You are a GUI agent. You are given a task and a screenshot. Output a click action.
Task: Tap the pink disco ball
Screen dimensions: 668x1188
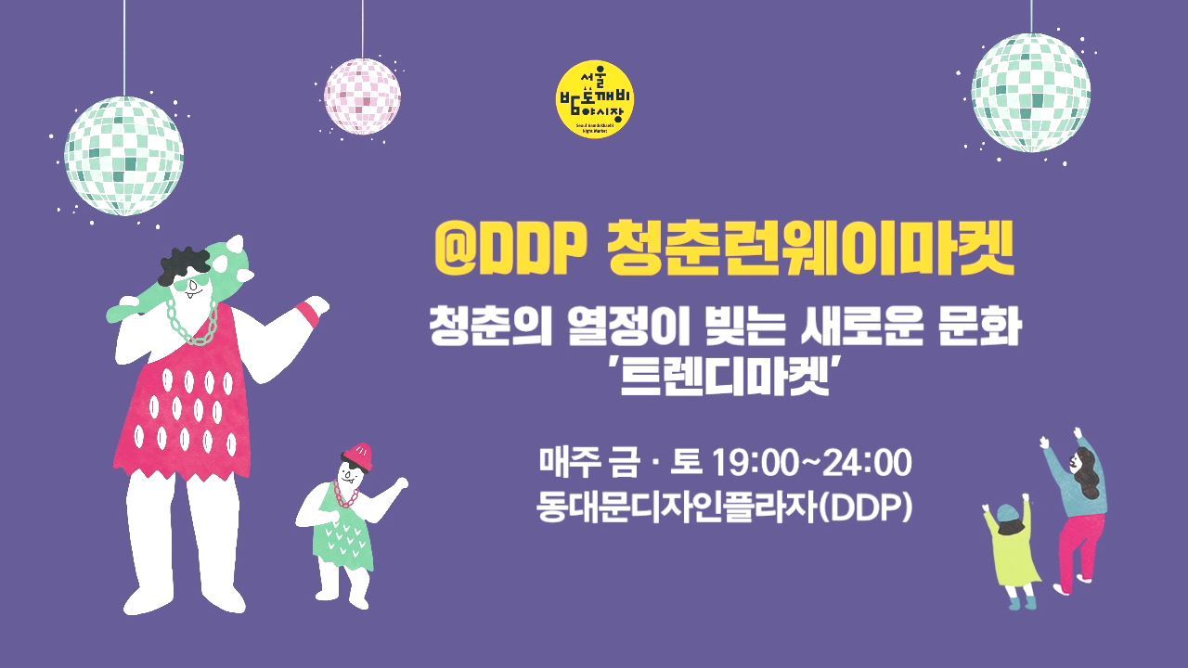(x=363, y=96)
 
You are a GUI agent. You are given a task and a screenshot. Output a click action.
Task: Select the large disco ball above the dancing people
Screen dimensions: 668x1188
(x=1030, y=93)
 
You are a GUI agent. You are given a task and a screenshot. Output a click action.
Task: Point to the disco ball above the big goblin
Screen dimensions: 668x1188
(x=123, y=156)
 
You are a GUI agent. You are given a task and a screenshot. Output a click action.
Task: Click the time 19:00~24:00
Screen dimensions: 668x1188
(x=811, y=461)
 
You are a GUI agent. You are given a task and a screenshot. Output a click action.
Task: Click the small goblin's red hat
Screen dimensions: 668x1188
(x=358, y=454)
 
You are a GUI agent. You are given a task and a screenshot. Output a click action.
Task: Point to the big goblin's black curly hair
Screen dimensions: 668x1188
(x=182, y=264)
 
